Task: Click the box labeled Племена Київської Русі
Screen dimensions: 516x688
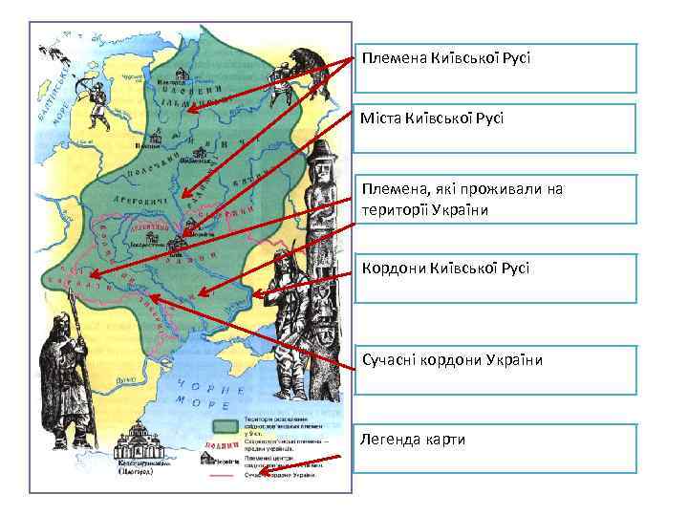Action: (x=494, y=67)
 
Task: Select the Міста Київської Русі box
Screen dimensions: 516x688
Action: (x=494, y=128)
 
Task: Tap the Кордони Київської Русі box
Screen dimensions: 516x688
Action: (x=494, y=277)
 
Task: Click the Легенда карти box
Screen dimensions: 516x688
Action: (x=494, y=448)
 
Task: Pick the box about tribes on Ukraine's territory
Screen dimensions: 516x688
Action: (x=494, y=199)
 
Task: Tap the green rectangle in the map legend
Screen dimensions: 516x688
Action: (x=227, y=424)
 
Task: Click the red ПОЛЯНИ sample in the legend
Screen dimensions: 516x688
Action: (x=222, y=446)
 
